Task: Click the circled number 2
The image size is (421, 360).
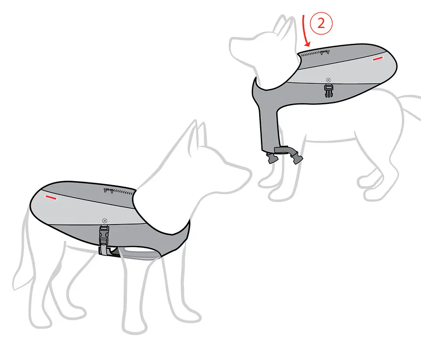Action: (321, 24)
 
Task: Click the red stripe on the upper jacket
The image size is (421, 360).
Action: (377, 58)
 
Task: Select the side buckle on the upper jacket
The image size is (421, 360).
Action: (328, 91)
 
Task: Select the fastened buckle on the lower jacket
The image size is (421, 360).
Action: (104, 235)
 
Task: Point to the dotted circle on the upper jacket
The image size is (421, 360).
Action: (328, 80)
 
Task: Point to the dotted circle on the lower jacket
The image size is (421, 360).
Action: (105, 221)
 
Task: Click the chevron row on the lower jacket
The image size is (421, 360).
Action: (124, 192)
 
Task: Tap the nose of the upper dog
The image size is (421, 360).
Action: (232, 43)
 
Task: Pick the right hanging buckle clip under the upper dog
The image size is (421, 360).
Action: (297, 158)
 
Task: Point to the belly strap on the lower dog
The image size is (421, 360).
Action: (134, 254)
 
